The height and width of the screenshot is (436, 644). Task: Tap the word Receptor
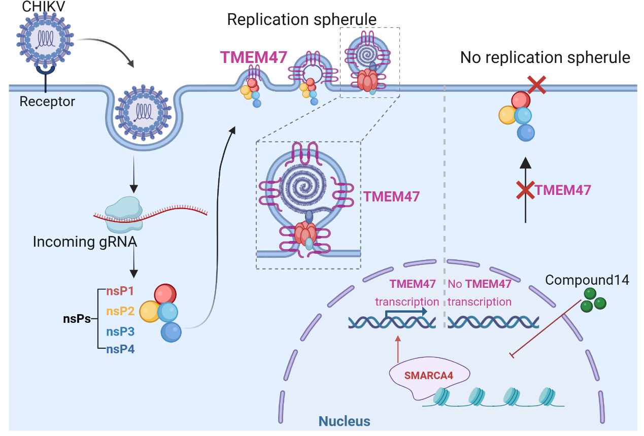[47, 102]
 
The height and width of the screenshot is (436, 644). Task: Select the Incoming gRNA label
[85, 241]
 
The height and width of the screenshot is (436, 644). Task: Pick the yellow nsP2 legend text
[120, 311]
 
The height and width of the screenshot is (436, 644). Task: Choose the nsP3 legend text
[120, 331]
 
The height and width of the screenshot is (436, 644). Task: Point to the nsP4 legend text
[120, 349]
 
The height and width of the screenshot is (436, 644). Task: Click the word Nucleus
[344, 421]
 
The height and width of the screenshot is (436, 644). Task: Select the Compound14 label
[587, 280]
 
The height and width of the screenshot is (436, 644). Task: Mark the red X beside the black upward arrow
[525, 190]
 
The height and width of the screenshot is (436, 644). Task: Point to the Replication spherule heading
[301, 20]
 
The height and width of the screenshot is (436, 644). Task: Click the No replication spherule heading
[545, 57]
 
